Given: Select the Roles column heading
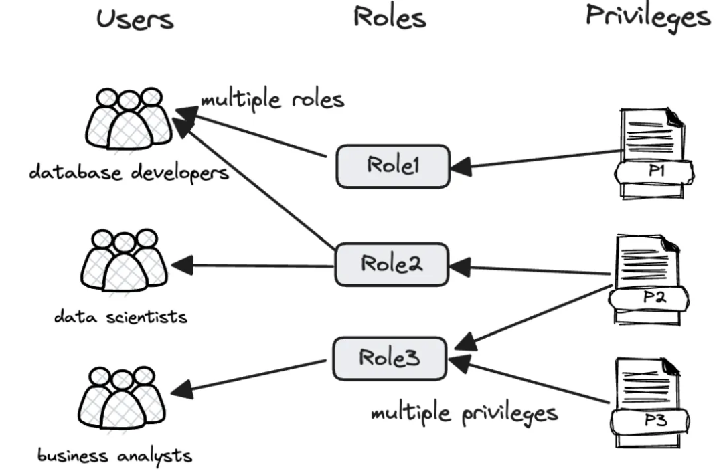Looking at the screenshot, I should pos(389,17).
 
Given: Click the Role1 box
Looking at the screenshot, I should pos(392,166).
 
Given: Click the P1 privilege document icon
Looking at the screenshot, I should pos(653,154).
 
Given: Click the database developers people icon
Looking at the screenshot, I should pos(129,119).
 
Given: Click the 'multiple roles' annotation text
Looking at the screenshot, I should pos(272,100).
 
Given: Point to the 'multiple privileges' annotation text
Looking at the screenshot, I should pos(464,413).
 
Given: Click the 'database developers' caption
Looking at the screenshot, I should pos(129,173).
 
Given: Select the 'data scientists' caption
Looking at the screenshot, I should pos(120,316).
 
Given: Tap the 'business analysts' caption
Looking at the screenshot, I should pos(114,456).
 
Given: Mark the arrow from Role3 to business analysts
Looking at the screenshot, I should pos(254,376).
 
